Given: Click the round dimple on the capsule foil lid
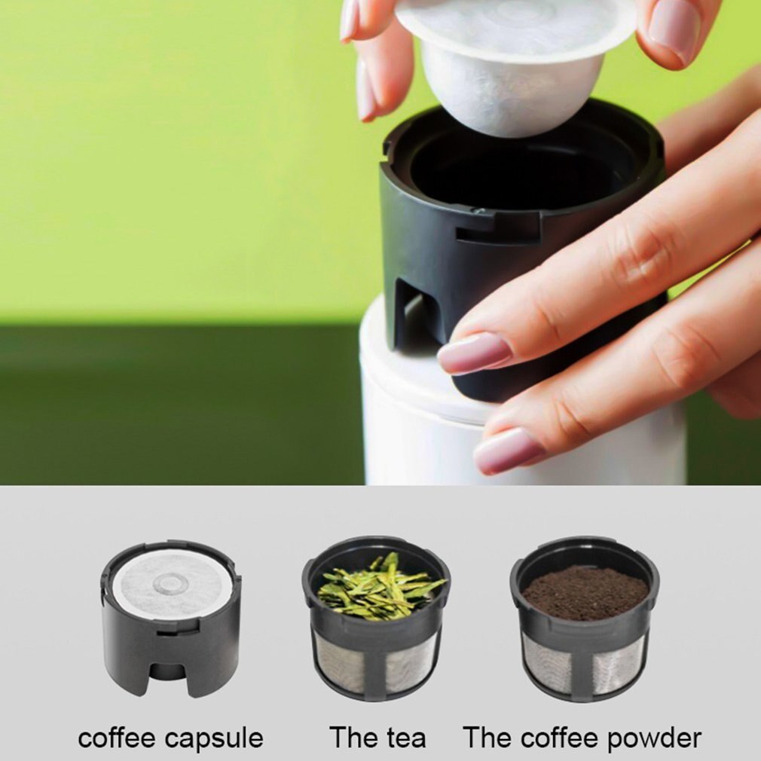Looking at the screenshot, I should coord(172,583).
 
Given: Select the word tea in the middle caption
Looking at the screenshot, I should coord(407,738).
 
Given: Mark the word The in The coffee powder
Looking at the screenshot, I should coord(487,738).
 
